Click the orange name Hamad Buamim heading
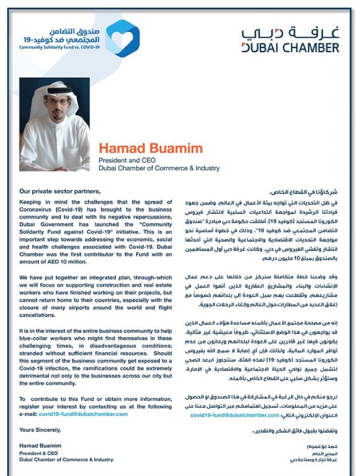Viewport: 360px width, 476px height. [x=151, y=149]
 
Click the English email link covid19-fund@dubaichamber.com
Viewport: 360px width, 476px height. [x=83, y=414]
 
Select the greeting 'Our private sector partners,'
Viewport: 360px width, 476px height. [x=60, y=191]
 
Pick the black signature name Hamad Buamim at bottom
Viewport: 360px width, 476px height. [x=40, y=445]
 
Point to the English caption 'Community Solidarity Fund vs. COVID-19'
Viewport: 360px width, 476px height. [x=60, y=47]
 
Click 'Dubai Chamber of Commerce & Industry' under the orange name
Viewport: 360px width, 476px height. [x=159, y=168]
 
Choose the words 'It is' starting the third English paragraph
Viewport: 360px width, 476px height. [x=25, y=331]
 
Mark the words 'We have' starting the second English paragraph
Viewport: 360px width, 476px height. [x=29, y=278]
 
